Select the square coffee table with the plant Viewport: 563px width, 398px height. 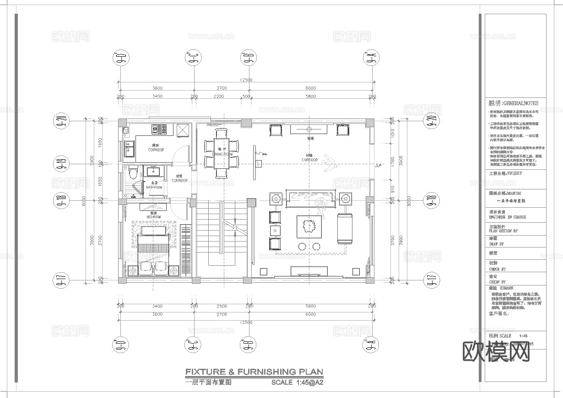pos(309,226)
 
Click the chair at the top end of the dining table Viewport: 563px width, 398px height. pos(222,133)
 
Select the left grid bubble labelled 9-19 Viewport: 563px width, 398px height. pos(61,162)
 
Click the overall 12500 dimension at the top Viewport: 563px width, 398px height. pos(246,80)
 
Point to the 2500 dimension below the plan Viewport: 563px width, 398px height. pos(222,306)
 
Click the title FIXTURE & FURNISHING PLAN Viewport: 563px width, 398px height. pos(254,372)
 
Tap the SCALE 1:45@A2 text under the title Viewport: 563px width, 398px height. pos(298,382)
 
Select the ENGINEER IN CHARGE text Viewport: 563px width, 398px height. pos(508,217)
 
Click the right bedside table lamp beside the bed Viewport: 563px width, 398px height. pos(174,271)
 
